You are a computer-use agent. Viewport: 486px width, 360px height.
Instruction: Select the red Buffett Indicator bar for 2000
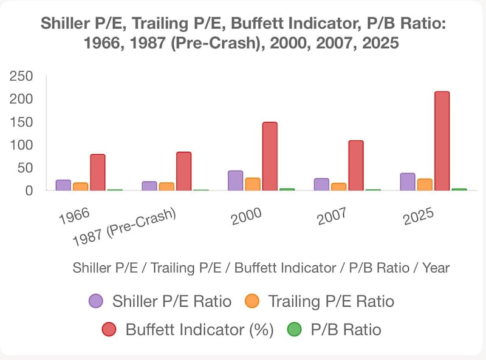coord(270,156)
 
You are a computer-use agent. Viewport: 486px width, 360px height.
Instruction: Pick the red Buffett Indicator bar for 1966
coord(98,172)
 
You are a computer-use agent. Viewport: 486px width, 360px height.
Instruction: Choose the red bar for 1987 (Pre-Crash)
coord(183,171)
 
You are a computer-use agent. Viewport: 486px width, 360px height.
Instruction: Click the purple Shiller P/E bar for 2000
coord(235,180)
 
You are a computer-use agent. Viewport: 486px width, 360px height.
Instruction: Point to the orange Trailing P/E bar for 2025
coord(425,185)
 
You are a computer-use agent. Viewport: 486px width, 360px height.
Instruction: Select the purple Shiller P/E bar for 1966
coord(63,185)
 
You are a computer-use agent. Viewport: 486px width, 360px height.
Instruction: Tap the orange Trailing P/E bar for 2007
coord(339,186)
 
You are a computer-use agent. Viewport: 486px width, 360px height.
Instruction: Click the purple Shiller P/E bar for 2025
coord(408,182)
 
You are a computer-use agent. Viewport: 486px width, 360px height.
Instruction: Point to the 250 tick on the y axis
coord(21,76)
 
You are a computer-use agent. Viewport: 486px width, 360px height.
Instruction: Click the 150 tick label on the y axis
coord(21,122)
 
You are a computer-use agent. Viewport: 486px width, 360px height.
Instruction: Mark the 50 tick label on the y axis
coord(25,168)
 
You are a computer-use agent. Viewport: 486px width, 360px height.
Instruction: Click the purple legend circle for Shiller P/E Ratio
coord(96,301)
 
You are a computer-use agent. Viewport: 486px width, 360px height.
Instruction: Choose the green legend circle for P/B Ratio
coord(294,330)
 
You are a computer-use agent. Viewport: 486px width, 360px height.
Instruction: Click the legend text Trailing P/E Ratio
coord(331,301)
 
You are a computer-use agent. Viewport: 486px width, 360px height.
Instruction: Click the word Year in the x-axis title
coord(435,267)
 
